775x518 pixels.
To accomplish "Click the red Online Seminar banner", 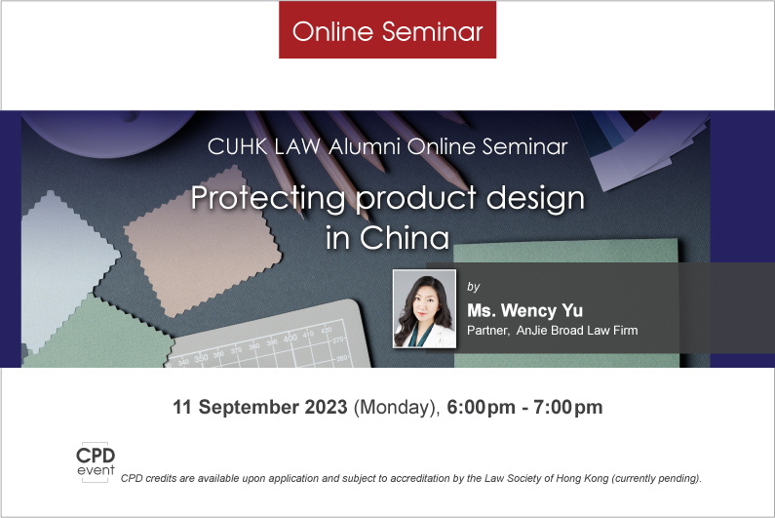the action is [388, 29].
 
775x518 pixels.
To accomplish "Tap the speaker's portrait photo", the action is [425, 308].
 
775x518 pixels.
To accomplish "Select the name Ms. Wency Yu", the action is [524, 310].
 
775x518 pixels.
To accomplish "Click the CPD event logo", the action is [96, 462].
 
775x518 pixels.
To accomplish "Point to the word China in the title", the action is [405, 238].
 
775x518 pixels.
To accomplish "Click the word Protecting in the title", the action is [268, 198].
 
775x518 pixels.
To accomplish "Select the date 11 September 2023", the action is [260, 407].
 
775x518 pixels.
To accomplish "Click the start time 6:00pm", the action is [481, 407].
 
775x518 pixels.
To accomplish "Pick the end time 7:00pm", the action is [568, 407].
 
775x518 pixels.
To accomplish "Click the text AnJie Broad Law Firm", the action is [577, 330].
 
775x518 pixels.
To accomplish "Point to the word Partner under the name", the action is [487, 331].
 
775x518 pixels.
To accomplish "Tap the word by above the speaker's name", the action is [474, 287].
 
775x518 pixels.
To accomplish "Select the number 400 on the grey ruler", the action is [291, 339].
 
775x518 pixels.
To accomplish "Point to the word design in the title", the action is [535, 198].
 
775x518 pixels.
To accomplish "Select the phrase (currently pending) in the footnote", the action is [657, 478].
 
